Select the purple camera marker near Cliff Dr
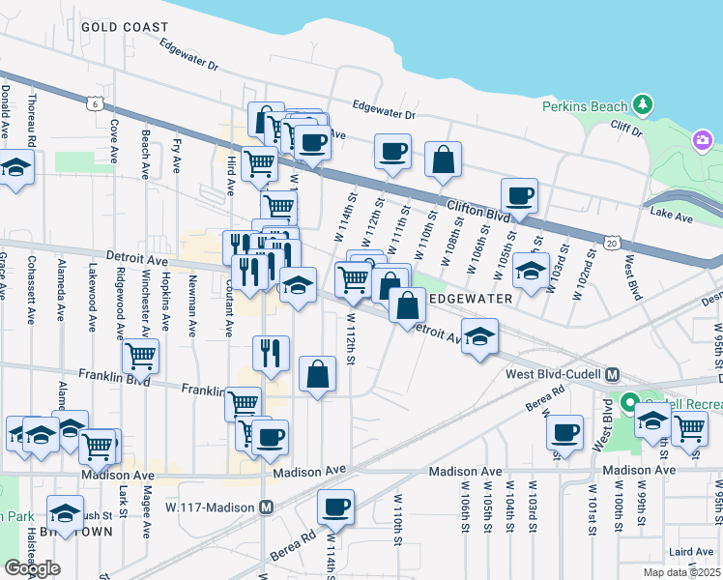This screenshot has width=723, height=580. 703,142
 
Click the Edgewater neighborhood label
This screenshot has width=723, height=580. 471,300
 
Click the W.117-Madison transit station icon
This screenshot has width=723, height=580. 267,507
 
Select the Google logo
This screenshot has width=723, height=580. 33,568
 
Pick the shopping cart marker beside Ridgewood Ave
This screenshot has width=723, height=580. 141,355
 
